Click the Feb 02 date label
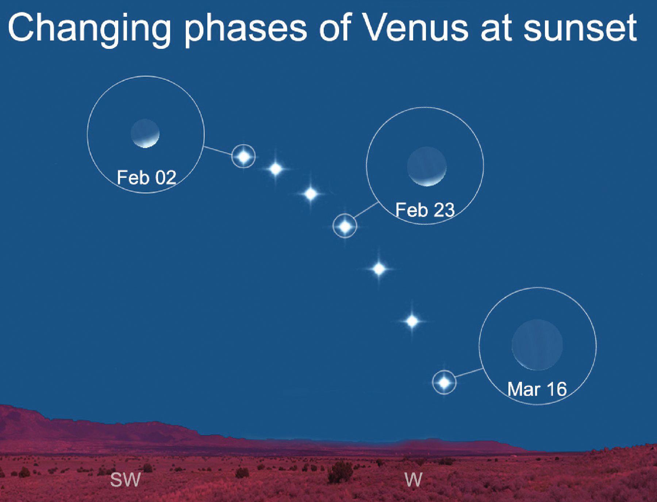[x=146, y=178]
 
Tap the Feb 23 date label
[x=425, y=210]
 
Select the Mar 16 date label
[x=537, y=389]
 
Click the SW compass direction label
[x=125, y=480]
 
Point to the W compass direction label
[x=414, y=480]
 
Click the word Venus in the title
[x=416, y=28]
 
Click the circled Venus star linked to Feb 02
[x=244, y=156]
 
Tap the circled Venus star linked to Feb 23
[x=345, y=226]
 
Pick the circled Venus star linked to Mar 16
[x=444, y=382]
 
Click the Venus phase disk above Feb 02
[x=145, y=133]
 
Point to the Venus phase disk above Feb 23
[x=427, y=166]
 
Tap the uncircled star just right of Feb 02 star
[x=276, y=169]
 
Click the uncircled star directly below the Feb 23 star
[x=379, y=269]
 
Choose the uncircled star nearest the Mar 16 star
[x=412, y=321]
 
